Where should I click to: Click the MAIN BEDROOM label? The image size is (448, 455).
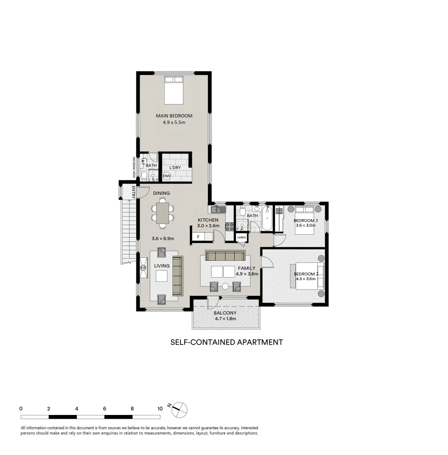coord(174,116)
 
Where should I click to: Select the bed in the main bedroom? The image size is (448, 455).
coord(174,90)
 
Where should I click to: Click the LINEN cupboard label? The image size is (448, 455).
coord(241,238)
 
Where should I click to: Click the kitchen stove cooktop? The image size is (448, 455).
coord(230,226)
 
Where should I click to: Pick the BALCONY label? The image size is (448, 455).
coord(225,313)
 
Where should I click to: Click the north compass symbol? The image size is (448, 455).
coord(180,409)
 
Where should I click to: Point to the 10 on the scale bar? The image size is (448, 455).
coord(159,409)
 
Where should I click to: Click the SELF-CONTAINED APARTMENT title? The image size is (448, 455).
coord(226,342)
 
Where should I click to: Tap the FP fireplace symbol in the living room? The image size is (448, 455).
coord(143,268)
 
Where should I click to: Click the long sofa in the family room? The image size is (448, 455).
coord(225,256)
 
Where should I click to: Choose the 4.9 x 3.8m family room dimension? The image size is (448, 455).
coord(247,273)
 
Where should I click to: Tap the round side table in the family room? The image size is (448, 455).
coord(225,286)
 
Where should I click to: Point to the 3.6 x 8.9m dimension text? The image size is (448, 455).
coord(163,238)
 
